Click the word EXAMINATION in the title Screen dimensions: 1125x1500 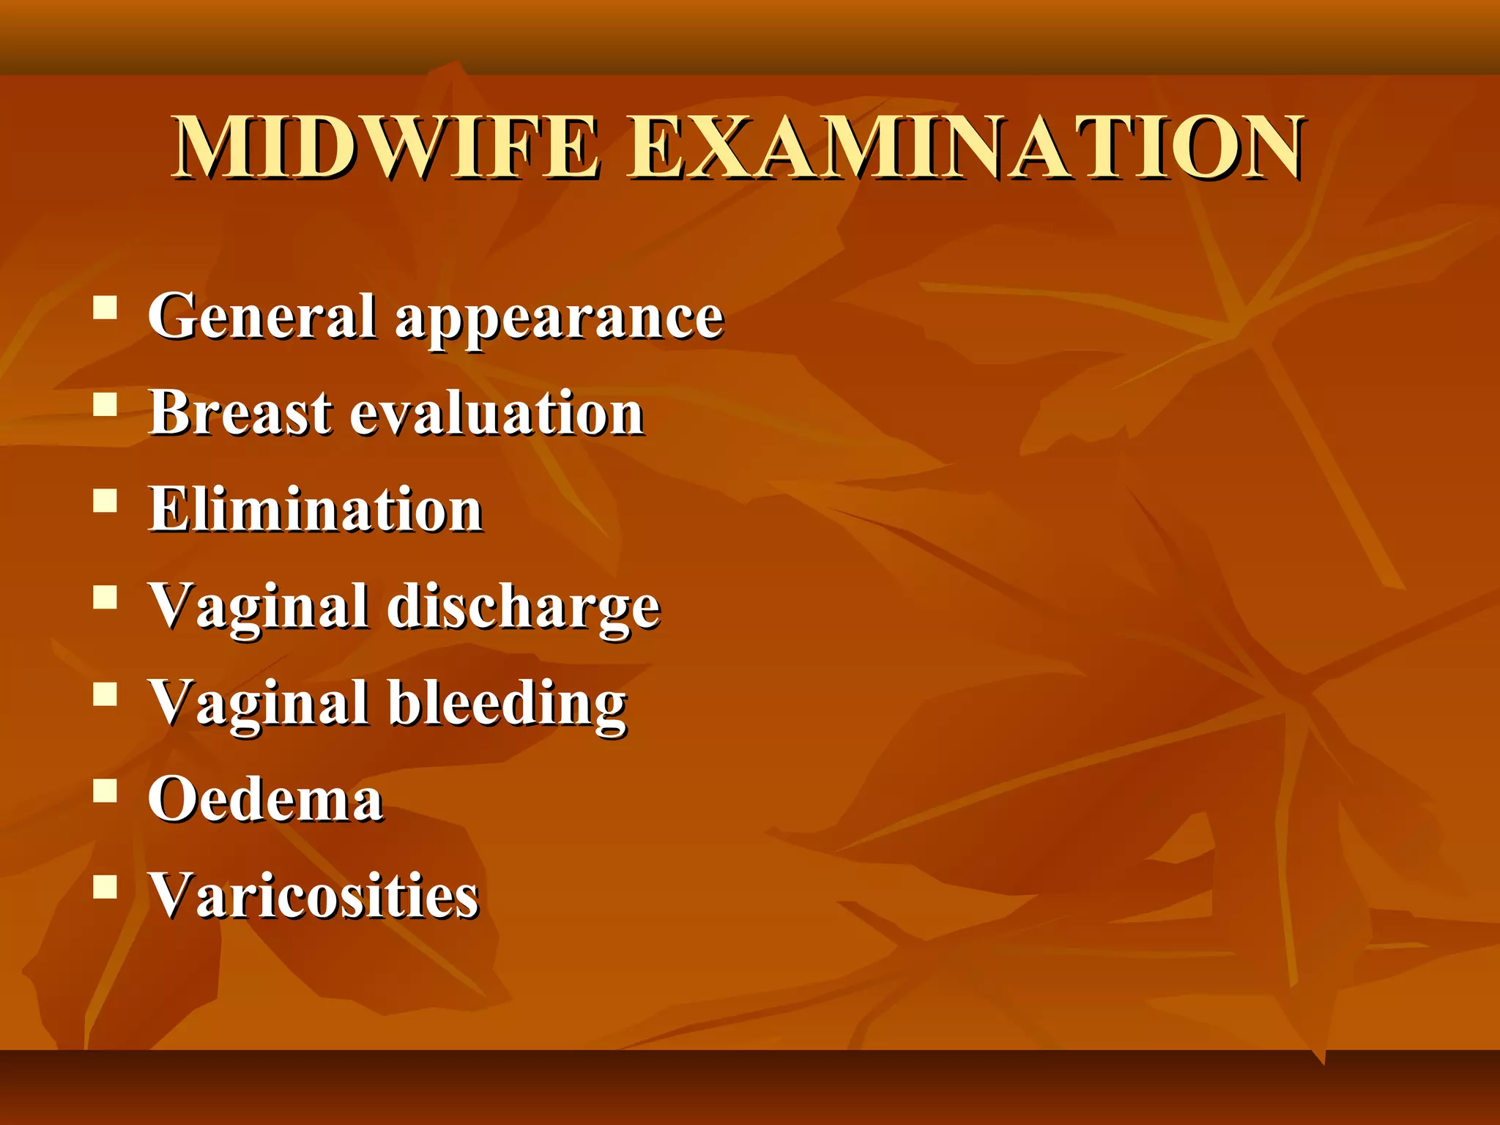point(965,149)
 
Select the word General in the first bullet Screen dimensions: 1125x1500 point(262,316)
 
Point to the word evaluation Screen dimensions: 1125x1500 point(497,414)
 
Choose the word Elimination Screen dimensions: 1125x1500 point(316,509)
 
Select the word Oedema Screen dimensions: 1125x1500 point(265,799)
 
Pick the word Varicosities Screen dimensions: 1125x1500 point(314,895)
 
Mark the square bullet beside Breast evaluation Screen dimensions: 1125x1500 point(105,404)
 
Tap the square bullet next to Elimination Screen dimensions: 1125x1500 point(105,501)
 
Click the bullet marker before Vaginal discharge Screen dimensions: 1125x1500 point(105,598)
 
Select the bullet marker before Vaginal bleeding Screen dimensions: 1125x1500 point(105,694)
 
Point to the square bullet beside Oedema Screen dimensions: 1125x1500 point(105,791)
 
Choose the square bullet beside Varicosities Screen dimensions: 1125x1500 point(105,887)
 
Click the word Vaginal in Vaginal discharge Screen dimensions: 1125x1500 point(259,608)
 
